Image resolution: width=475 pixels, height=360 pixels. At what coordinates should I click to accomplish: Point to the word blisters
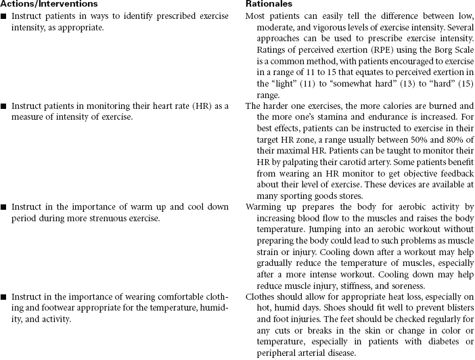[x=459, y=308]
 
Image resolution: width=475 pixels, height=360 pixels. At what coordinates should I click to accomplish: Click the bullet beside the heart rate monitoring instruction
[x=4, y=106]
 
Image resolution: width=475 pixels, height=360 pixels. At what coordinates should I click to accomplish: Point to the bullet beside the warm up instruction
[x=4, y=206]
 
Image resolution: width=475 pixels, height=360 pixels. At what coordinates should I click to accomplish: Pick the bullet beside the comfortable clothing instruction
[x=4, y=297]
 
